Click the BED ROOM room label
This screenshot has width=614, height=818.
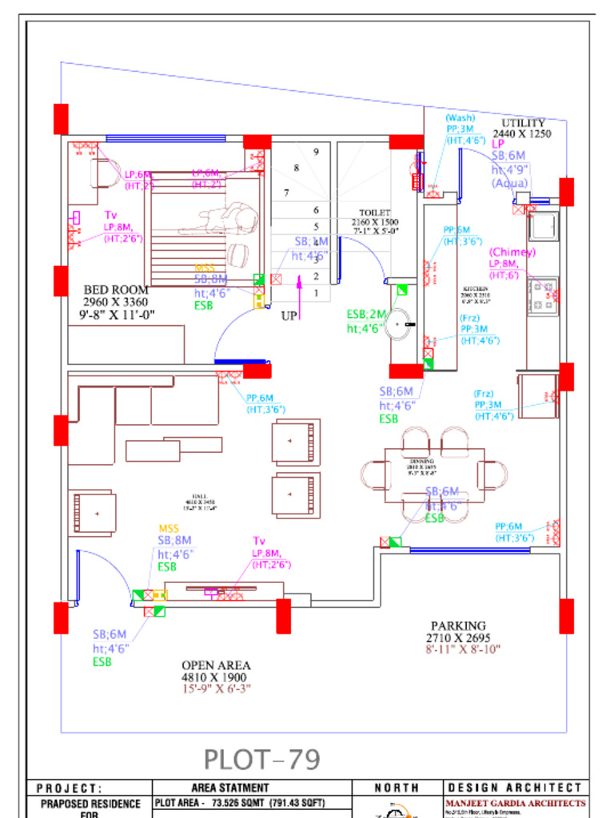tap(116, 289)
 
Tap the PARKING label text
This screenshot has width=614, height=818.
tap(458, 625)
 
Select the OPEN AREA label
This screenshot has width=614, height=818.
tap(216, 665)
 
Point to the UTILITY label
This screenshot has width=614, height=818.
tap(524, 123)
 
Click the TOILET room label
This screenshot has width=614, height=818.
tap(375, 213)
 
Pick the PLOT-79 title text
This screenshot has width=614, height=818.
tap(261, 759)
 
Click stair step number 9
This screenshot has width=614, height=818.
tap(317, 151)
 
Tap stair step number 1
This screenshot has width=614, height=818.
tap(317, 293)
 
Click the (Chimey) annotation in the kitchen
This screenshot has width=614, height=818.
tap(512, 252)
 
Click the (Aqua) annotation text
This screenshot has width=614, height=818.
tap(510, 183)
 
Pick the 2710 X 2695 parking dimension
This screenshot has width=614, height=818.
tap(458, 638)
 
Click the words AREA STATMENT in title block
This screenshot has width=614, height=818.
tap(230, 788)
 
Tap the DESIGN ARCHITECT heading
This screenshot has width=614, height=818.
tap(515, 788)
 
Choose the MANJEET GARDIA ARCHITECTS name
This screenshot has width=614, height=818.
tap(515, 803)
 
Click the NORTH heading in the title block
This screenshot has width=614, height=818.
tap(397, 788)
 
